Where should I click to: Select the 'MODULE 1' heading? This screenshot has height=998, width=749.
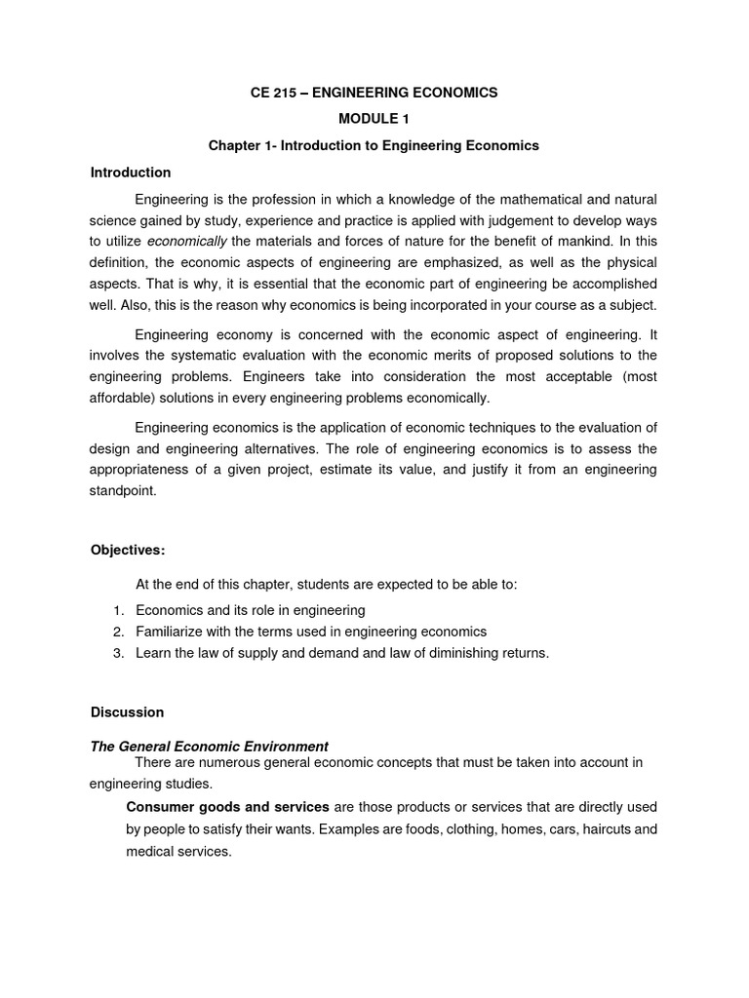pos(374,119)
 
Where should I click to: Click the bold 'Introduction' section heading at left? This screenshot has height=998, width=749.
pos(131,173)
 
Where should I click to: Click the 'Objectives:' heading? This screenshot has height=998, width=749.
pos(128,551)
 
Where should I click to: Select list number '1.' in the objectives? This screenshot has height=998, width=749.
pos(118,610)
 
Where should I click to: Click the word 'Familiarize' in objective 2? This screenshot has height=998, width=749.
pos(171,632)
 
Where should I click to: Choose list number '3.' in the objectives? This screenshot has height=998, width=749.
pos(118,653)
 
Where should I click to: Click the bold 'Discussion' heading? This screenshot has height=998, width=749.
pos(127,712)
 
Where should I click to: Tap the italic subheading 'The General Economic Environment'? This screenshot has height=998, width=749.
pos(210,747)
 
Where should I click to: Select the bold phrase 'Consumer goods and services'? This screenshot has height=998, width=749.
pos(228,807)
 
